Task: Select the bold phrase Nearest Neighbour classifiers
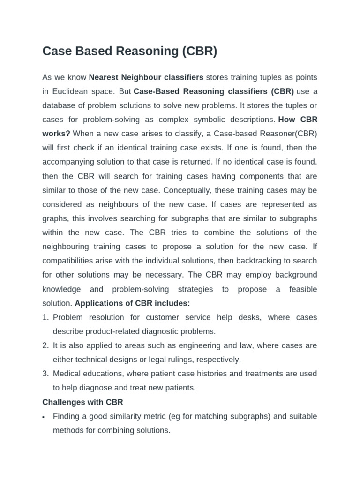(x=146, y=77)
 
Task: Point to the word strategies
(x=195, y=289)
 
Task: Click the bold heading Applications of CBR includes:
(x=132, y=303)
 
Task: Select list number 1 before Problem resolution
(x=45, y=317)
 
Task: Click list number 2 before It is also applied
(x=45, y=345)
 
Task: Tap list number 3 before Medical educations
(x=45, y=374)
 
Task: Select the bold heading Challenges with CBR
(x=82, y=402)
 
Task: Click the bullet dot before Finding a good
(x=44, y=417)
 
